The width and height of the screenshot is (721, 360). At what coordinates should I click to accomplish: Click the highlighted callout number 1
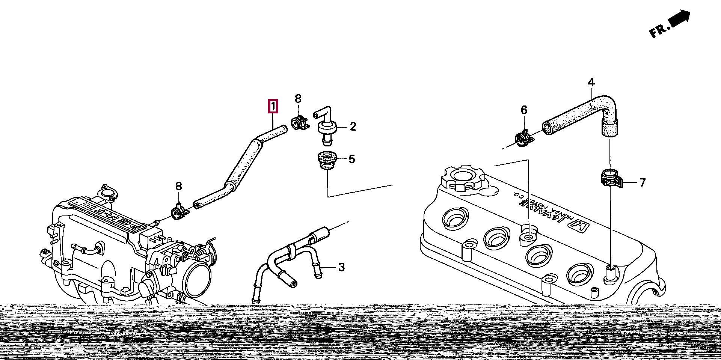pyautogui.click(x=273, y=106)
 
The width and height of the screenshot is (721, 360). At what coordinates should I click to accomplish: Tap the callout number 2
pyautogui.click(x=353, y=127)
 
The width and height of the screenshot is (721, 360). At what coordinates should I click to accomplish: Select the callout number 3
pyautogui.click(x=341, y=267)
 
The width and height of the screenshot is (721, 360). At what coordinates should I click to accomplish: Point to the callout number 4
pyautogui.click(x=591, y=82)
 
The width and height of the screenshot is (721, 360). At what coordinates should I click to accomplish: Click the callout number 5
pyautogui.click(x=351, y=159)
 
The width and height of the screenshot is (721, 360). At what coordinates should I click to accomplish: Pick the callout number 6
pyautogui.click(x=524, y=110)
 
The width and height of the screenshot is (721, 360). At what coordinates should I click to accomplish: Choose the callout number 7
pyautogui.click(x=643, y=182)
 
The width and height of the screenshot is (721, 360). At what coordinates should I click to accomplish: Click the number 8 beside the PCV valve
pyautogui.click(x=298, y=99)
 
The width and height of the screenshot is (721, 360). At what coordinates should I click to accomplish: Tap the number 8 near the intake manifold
pyautogui.click(x=178, y=186)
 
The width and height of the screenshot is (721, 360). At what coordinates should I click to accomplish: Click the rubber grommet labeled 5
pyautogui.click(x=326, y=160)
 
